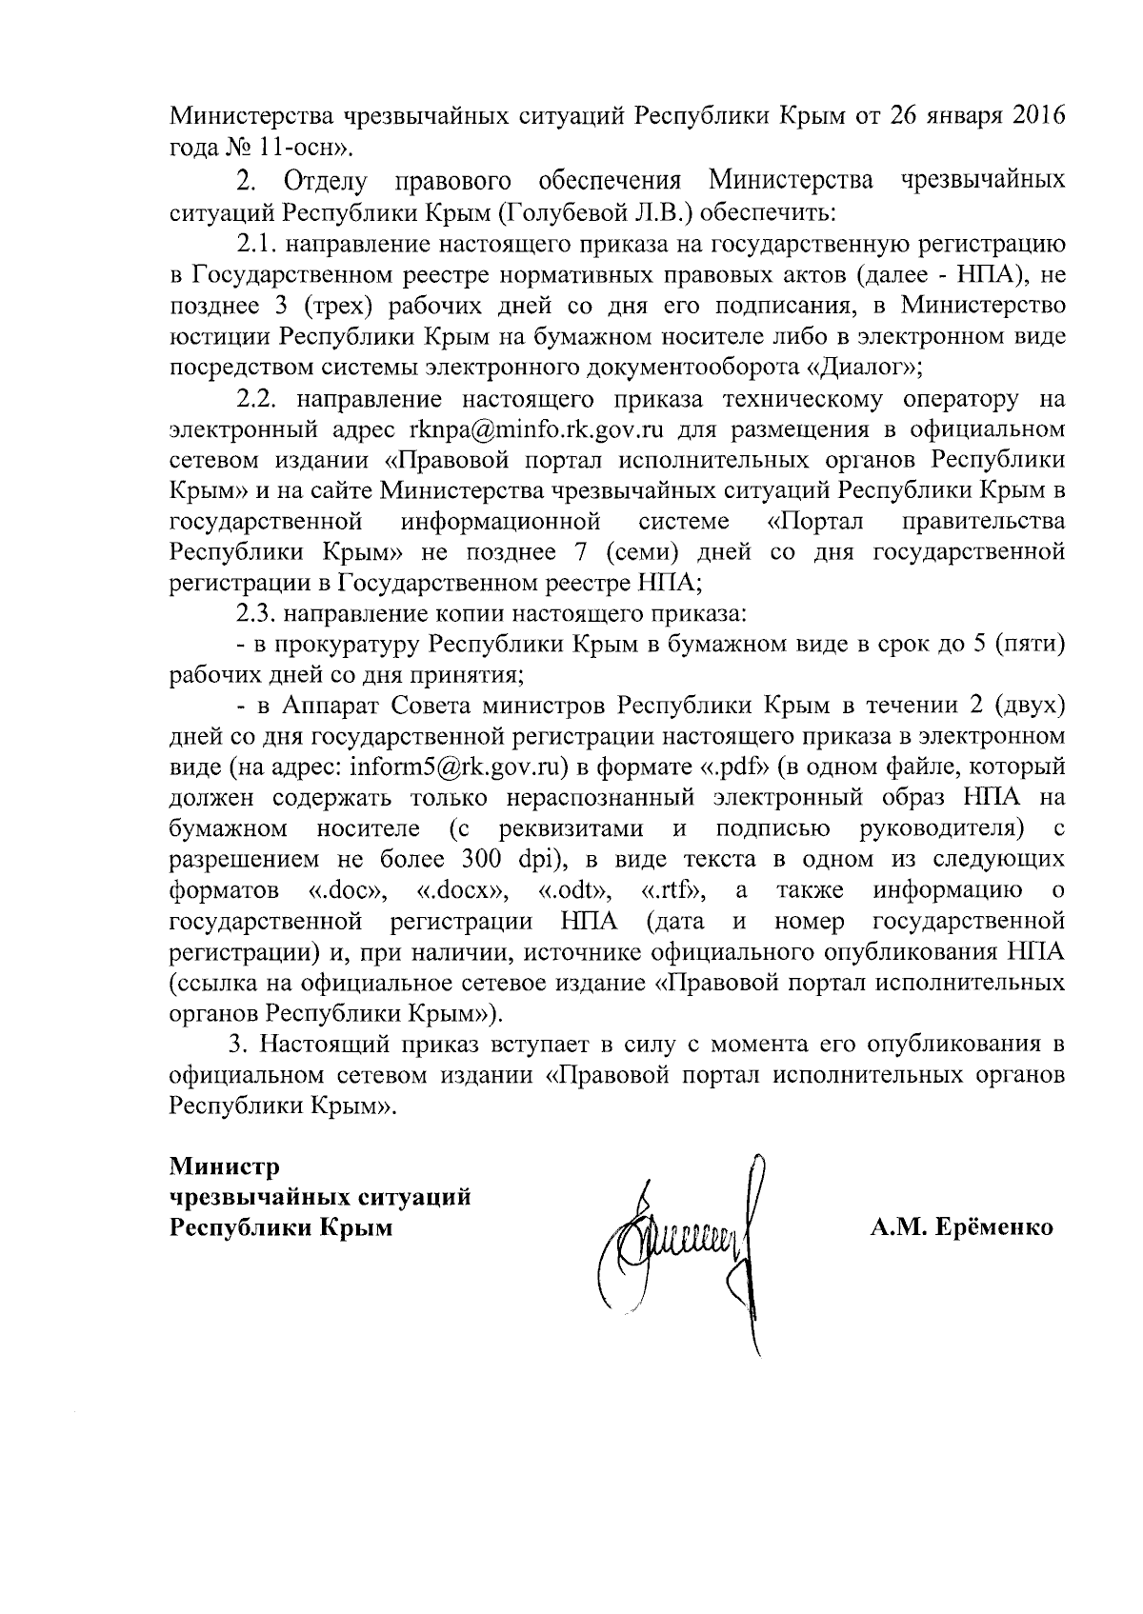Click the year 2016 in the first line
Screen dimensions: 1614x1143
point(1032,116)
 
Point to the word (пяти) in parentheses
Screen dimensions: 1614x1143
point(1029,645)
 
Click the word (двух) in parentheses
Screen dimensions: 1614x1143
point(1026,706)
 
